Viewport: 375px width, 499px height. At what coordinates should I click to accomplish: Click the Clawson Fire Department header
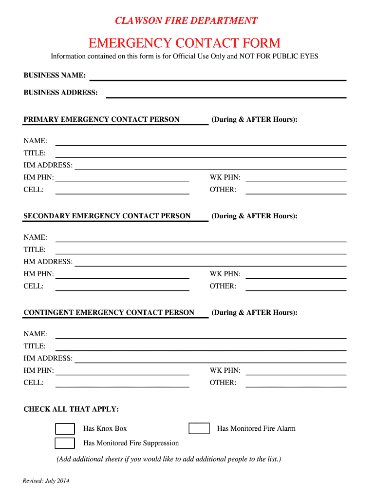tap(186, 20)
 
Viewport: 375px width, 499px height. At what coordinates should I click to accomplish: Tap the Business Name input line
tap(218, 77)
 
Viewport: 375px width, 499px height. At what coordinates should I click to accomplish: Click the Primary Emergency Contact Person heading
tap(101, 119)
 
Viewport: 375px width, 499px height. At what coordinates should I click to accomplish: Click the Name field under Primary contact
tap(201, 142)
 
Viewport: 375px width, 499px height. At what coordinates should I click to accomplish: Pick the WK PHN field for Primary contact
tap(296, 178)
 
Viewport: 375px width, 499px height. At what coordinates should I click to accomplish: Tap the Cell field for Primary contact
tap(122, 191)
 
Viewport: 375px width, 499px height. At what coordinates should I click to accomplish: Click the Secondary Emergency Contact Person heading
tap(107, 216)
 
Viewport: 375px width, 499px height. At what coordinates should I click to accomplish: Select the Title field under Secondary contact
tap(201, 250)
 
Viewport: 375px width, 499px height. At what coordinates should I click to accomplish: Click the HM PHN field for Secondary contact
tap(122, 275)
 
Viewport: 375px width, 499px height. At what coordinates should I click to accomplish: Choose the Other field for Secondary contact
tap(296, 287)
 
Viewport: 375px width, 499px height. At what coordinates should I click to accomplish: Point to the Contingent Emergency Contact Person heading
tap(109, 312)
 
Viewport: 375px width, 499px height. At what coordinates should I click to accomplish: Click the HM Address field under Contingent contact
tap(210, 359)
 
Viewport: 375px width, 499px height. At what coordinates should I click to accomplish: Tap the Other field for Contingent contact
tap(296, 384)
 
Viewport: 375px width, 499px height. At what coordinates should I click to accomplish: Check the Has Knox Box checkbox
tap(65, 429)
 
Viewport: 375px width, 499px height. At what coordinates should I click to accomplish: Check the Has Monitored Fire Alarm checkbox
tap(199, 429)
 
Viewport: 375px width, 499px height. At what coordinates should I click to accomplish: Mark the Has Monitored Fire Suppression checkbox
tap(65, 443)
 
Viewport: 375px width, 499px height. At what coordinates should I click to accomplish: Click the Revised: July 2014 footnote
tap(46, 481)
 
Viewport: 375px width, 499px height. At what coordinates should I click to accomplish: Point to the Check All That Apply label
tap(71, 409)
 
